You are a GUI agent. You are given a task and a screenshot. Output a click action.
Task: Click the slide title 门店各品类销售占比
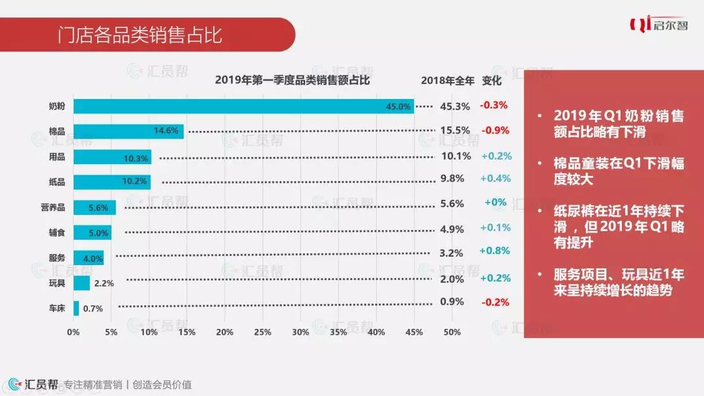[139, 35]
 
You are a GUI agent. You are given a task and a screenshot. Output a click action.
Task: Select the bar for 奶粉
[243, 106]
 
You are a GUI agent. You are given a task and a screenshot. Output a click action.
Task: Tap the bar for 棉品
[128, 131]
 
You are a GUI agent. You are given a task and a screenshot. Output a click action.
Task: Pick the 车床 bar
[76, 308]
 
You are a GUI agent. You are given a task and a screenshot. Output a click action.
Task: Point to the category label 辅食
[57, 231]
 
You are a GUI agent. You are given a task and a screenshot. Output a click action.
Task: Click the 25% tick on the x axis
[263, 332]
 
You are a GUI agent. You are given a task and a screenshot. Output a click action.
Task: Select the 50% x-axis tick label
[452, 332]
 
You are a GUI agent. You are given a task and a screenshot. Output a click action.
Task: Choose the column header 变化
[491, 81]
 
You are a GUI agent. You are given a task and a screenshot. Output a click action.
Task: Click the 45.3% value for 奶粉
[454, 106]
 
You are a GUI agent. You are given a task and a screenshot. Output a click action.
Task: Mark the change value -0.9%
[495, 130]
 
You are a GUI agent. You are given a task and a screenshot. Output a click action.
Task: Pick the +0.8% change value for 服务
[495, 251]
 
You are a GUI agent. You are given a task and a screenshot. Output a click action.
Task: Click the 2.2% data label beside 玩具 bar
[104, 283]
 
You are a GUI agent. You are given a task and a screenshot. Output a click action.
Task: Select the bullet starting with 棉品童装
[619, 171]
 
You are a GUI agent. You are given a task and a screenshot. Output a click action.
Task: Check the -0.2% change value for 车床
[495, 302]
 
